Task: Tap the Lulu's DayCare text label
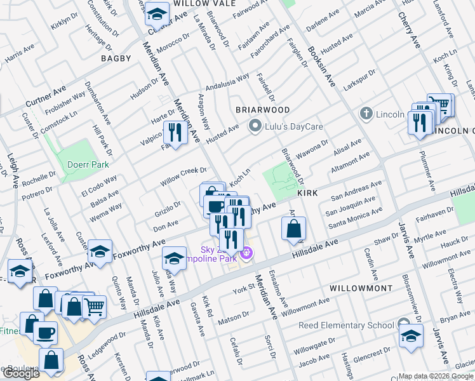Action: pos(294,126)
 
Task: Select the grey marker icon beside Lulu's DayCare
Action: pos(255,126)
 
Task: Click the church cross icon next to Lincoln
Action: pos(366,114)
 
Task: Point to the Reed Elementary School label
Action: pos(346,326)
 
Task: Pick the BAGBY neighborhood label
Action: pos(116,58)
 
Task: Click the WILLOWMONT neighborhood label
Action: pos(361,288)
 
